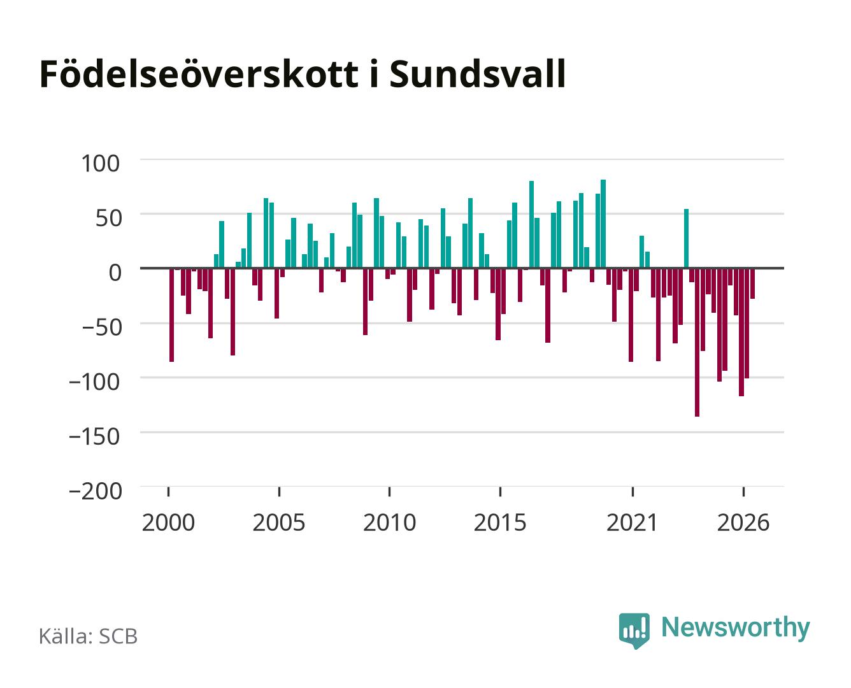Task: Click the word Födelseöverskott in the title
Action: coord(199,74)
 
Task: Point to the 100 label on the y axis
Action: coord(100,164)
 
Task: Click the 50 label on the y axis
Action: coord(108,218)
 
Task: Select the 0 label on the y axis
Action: coord(115,273)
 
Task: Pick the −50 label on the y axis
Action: coord(102,327)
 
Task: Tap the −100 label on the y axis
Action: coord(94,382)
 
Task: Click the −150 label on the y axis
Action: coord(94,436)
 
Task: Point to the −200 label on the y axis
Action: coord(95,491)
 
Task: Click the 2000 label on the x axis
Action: coord(168,522)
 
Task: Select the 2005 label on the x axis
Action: coord(279,522)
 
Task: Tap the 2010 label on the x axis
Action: coord(390,522)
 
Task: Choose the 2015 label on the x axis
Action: coord(500,522)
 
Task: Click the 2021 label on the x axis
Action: coord(632,522)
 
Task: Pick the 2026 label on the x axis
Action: coord(743,522)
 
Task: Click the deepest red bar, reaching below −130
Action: coord(697,342)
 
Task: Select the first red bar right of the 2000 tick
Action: coord(172,315)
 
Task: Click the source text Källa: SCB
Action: coord(89,636)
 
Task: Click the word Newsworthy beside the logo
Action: coord(736,628)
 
